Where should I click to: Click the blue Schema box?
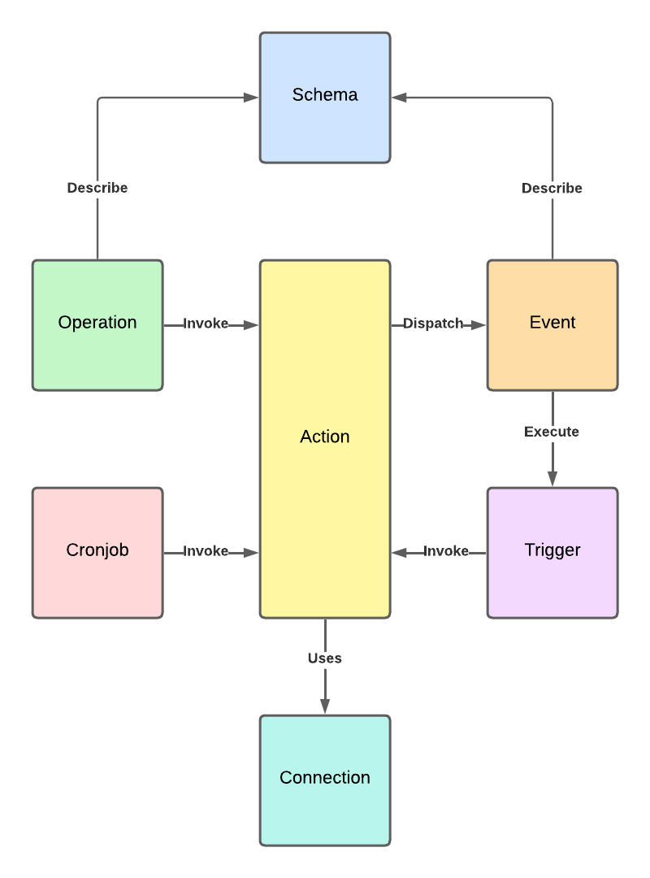[325, 98]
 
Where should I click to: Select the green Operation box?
[97, 325]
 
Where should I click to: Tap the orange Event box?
[552, 325]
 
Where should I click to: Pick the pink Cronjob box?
[97, 553]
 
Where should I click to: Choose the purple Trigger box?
[552, 553]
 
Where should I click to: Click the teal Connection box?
[325, 780]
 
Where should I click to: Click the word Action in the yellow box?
[325, 437]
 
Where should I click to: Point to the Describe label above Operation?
[97, 188]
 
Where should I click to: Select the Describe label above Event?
[552, 189]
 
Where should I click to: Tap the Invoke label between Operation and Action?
[206, 324]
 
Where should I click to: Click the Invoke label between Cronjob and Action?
[206, 551]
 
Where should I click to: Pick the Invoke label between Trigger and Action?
[446, 551]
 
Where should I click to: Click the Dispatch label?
[433, 324]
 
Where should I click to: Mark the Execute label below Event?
[552, 432]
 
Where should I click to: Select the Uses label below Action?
[325, 658]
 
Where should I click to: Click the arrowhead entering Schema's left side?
[251, 98]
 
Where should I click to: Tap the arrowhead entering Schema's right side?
[399, 98]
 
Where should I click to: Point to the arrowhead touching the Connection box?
[325, 706]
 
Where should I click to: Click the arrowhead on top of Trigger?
[552, 479]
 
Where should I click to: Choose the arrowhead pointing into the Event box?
[479, 325]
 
